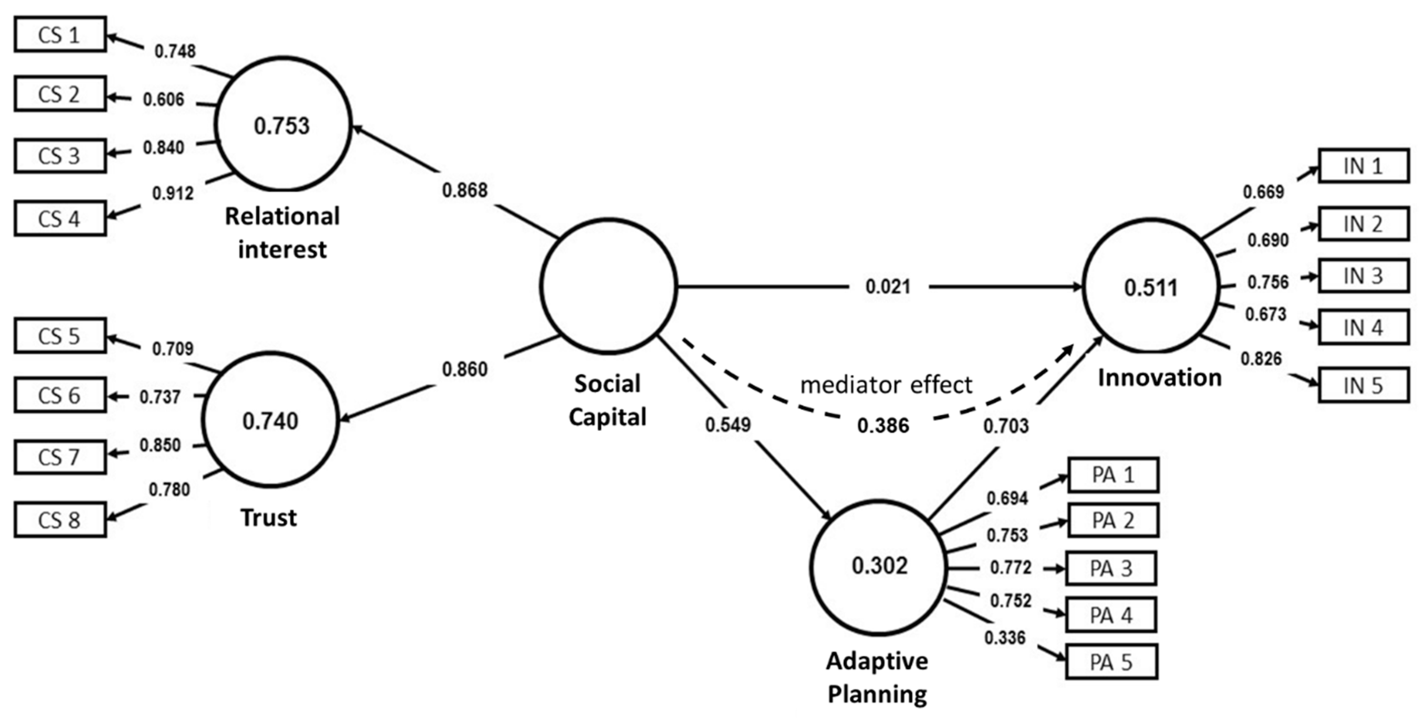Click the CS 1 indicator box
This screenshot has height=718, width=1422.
60,35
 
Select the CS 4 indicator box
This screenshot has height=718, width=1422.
60,218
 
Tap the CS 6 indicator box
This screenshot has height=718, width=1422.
60,395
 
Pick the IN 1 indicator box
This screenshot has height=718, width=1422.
1363,165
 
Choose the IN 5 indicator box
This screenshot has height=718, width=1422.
1363,385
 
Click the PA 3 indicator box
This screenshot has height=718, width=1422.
1111,568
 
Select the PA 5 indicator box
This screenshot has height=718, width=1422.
1111,662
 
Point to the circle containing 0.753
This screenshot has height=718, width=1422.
282,125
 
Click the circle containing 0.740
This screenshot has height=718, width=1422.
271,420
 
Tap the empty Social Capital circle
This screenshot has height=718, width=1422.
608,286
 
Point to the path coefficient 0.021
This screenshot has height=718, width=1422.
888,286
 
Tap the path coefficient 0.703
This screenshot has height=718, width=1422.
1006,425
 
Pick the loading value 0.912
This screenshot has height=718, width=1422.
173,193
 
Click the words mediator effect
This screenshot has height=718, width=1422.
886,385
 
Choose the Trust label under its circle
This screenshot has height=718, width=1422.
269,518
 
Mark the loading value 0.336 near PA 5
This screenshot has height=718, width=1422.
1005,638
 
